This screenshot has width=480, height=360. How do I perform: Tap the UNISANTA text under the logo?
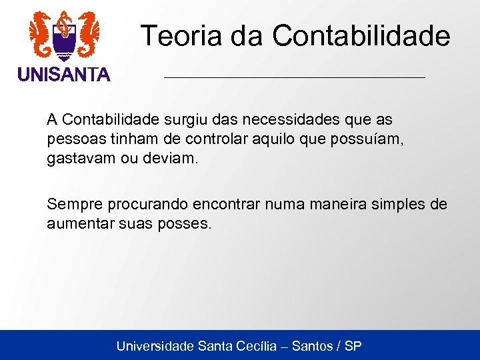(64, 75)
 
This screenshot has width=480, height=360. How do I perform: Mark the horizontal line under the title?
(294, 78)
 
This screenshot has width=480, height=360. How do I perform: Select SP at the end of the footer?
(353, 346)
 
